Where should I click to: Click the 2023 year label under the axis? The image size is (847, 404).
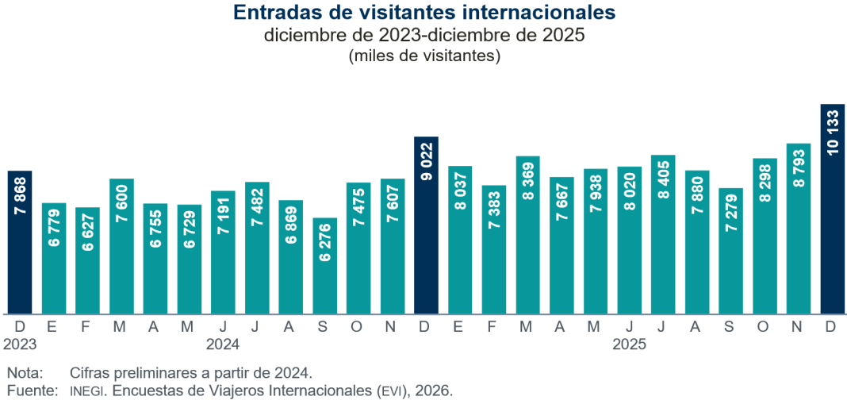pyautogui.click(x=20, y=344)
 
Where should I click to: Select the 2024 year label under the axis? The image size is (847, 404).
pyautogui.click(x=223, y=344)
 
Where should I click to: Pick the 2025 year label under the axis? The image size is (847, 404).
pyautogui.click(x=629, y=344)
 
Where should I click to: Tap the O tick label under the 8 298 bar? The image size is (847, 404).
pyautogui.click(x=764, y=326)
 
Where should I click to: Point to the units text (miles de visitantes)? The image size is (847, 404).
pyautogui.click(x=423, y=56)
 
